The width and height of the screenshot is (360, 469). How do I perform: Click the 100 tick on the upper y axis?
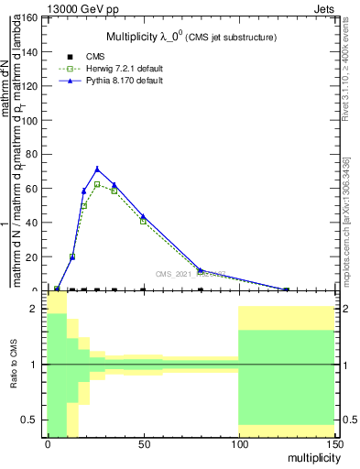pyautogui.click(x=28, y=120)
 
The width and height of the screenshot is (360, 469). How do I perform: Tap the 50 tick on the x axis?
pyautogui.click(x=143, y=443)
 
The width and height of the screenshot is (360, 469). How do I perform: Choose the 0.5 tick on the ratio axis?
pyautogui.click(x=30, y=420)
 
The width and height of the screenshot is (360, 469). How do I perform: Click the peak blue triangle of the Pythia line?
pyautogui.click(x=97, y=169)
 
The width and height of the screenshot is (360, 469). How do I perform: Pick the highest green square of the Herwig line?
pyautogui.click(x=97, y=184)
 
